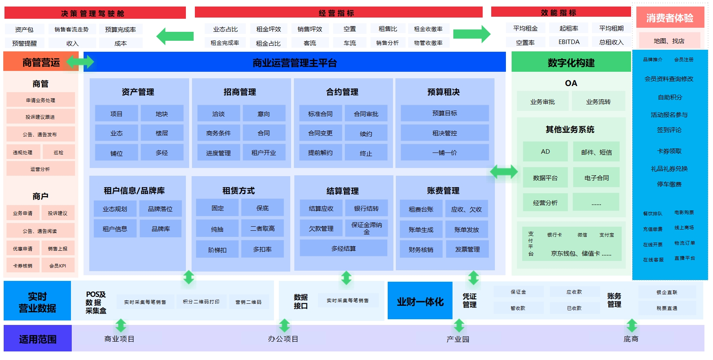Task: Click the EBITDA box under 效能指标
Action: (x=569, y=42)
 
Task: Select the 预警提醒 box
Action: (x=24, y=43)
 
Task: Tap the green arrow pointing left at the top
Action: (x=175, y=36)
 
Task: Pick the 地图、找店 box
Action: (x=669, y=41)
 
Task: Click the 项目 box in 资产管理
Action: (x=116, y=114)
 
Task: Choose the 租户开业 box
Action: (x=263, y=152)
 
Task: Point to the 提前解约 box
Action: (x=320, y=152)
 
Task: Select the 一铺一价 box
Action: (x=444, y=152)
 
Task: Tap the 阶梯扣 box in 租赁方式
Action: (x=217, y=250)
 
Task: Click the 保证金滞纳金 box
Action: (x=366, y=228)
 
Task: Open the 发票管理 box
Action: (x=467, y=250)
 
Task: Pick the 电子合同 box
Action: (x=596, y=178)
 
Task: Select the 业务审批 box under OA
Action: (x=542, y=102)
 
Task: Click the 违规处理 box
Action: (x=22, y=152)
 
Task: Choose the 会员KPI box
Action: (x=57, y=266)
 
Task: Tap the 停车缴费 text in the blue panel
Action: (x=669, y=184)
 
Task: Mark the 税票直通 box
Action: (x=667, y=308)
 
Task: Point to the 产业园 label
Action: (x=457, y=339)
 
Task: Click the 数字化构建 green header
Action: (x=571, y=63)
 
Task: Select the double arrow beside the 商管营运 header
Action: (x=80, y=62)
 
